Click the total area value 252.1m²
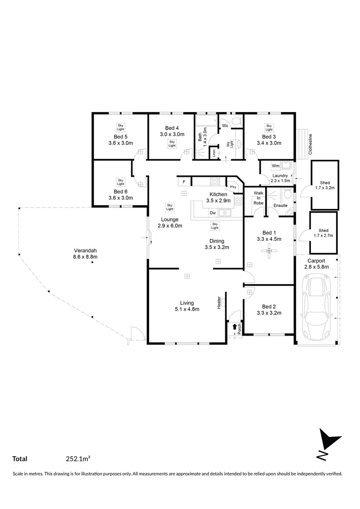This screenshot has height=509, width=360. coord(78,458)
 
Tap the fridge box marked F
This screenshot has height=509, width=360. coord(184,181)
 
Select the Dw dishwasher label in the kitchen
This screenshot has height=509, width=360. coord(213,213)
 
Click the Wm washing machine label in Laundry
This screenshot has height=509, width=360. coord(275,166)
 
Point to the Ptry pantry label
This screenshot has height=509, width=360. coord(233,187)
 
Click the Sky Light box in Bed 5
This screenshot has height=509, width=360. coord(121,127)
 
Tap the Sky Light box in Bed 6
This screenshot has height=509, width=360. coord(121,181)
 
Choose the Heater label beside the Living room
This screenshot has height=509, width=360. coord(219,303)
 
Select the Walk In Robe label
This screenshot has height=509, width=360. coord(259,198)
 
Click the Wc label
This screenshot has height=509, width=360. coord(225,126)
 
